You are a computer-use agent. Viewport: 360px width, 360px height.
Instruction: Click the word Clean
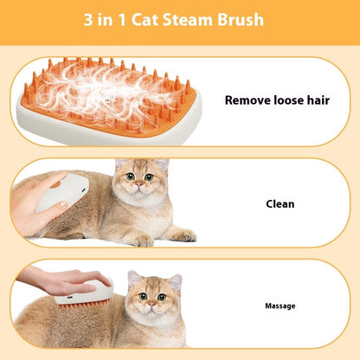pyautogui.click(x=280, y=204)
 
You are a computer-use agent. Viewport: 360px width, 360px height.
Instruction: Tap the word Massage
pyautogui.click(x=280, y=305)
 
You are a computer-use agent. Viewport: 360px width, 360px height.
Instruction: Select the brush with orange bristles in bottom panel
pyautogui.click(x=84, y=297)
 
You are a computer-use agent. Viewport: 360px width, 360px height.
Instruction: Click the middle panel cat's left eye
pyautogui.click(x=129, y=177)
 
